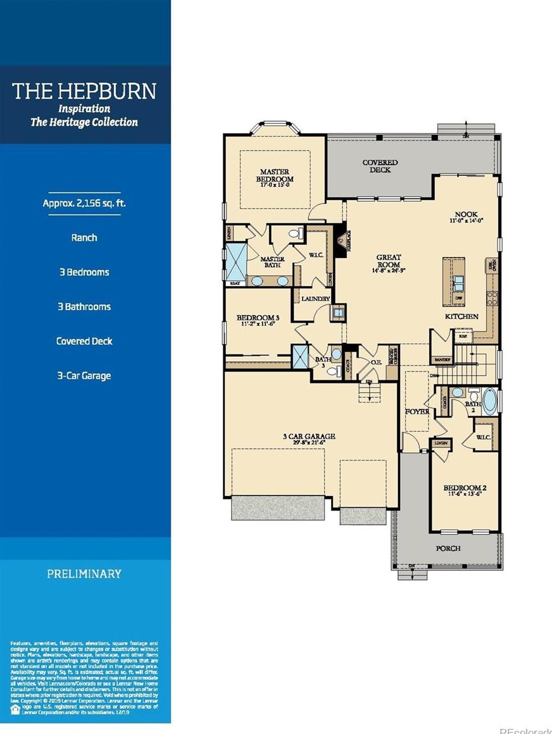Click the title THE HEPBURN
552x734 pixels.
tap(84, 90)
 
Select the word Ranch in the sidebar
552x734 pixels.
tap(84, 238)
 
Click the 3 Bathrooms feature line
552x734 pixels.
tap(84, 307)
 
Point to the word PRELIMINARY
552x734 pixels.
tap(84, 574)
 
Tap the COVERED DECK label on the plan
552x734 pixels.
tap(380, 166)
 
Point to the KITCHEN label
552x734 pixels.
tap(461, 316)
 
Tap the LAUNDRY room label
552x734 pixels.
tap(315, 299)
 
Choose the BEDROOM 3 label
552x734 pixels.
tap(257, 320)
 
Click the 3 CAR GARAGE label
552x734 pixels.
tap(308, 439)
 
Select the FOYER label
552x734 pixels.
tap(417, 412)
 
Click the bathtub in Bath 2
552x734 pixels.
tap(489, 401)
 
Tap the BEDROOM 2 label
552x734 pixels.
tap(463, 490)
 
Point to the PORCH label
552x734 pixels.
tap(448, 548)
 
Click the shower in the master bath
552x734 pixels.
tap(236, 261)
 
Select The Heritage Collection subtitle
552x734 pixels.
tap(84, 122)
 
